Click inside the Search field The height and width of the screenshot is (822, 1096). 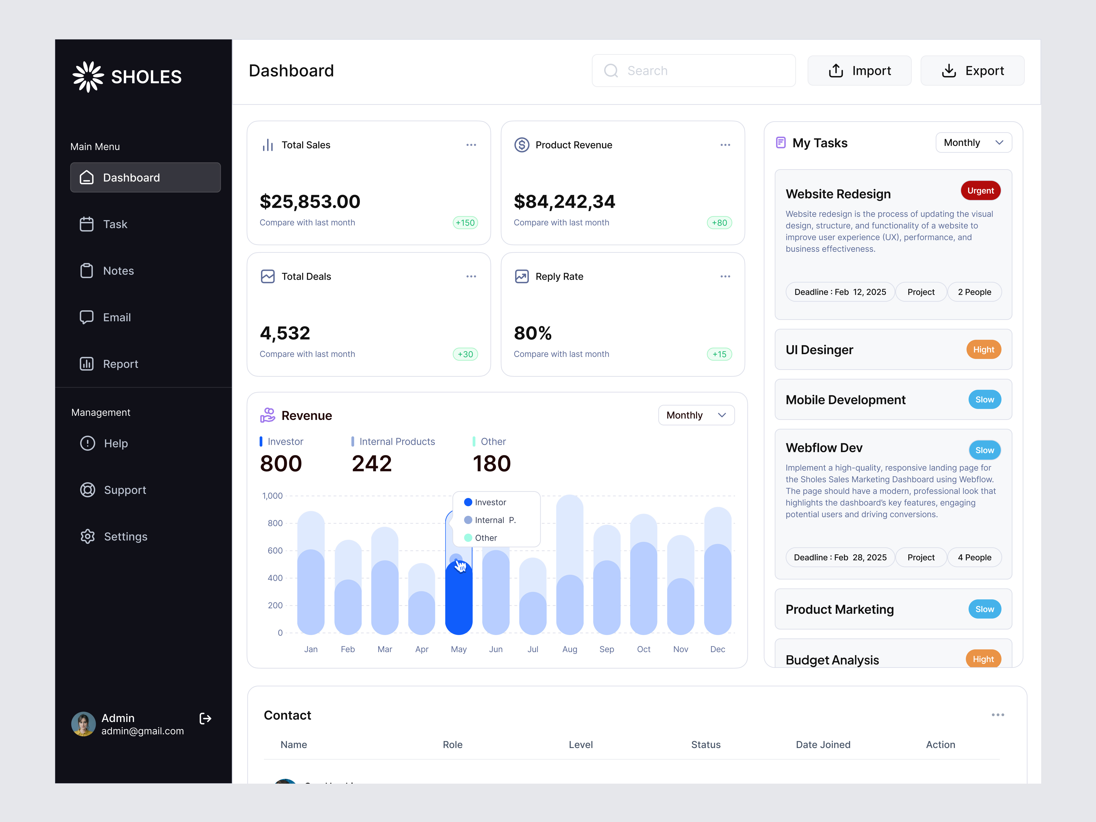point(694,71)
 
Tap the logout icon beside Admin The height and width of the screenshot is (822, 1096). point(205,718)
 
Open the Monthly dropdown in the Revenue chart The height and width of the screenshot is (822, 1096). point(696,415)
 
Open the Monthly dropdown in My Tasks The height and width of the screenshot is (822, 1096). point(973,143)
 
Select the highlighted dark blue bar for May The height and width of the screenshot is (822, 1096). point(458,600)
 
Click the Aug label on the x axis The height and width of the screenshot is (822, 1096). point(569,649)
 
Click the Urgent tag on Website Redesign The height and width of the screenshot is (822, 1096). point(980,191)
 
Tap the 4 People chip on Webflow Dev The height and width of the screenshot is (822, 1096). point(974,557)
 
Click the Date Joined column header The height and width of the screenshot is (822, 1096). point(822,745)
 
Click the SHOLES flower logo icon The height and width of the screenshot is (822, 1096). point(88,77)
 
